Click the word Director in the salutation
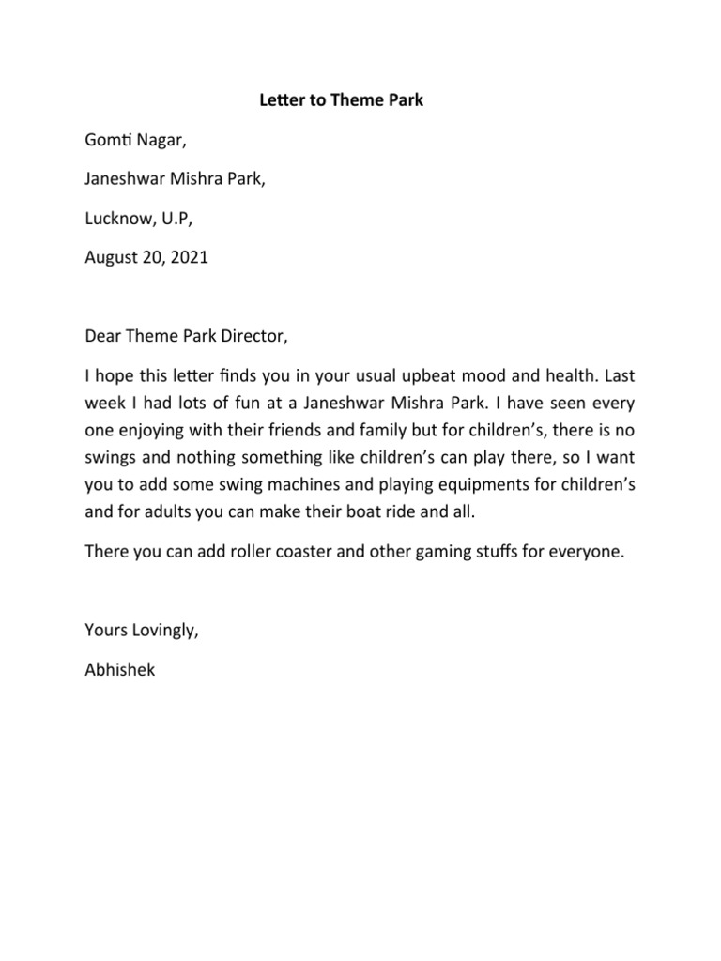click(x=247, y=334)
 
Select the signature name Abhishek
click(x=119, y=670)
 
